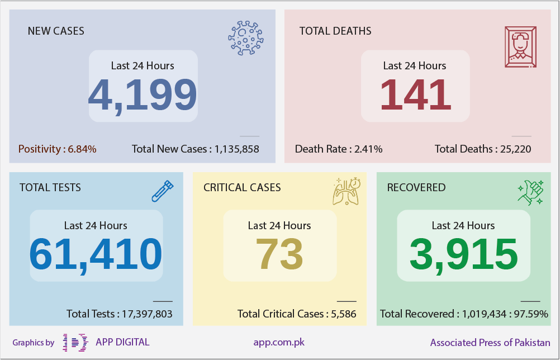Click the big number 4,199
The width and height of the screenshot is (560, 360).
[143, 96]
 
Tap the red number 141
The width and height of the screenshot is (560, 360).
[415, 94]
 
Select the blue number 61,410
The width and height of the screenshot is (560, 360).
[96, 255]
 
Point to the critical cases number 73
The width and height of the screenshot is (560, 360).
[279, 254]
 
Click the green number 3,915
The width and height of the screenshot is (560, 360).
[463, 255]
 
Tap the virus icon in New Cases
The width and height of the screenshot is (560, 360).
[246, 38]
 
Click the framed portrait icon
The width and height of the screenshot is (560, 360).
[521, 47]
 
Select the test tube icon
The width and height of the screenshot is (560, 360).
[163, 191]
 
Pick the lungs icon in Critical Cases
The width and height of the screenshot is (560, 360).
[347, 191]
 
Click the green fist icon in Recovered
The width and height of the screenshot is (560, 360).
[531, 192]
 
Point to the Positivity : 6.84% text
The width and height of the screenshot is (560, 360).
[57, 149]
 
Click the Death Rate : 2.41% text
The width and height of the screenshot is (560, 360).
[339, 149]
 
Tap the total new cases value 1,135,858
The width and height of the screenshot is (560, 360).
[237, 149]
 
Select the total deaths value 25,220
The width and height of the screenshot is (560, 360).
[515, 149]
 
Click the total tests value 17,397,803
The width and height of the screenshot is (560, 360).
[147, 314]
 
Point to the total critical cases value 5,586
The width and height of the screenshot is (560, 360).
[344, 314]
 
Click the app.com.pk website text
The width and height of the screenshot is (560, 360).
[279, 343]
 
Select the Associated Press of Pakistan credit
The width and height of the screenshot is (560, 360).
[490, 343]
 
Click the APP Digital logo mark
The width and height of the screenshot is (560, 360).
[75, 343]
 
